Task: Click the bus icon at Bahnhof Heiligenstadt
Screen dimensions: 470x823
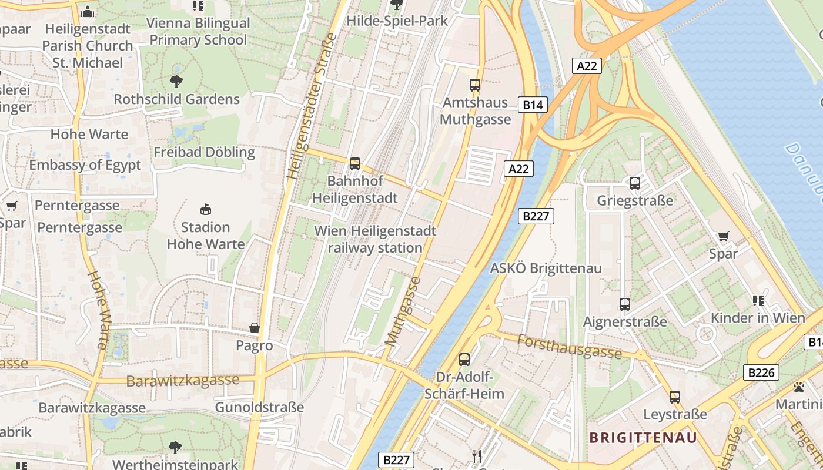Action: pyautogui.click(x=354, y=163)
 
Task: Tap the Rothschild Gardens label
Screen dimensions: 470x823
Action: pyautogui.click(x=176, y=99)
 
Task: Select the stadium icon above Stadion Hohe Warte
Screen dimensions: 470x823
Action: pyautogui.click(x=205, y=209)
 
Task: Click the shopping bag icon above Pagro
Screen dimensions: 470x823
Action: pyautogui.click(x=255, y=328)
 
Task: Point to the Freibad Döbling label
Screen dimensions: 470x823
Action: pyautogui.click(x=204, y=152)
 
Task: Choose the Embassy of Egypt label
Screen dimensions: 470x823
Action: pyautogui.click(x=85, y=165)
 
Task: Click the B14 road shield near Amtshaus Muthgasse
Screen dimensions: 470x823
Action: pyautogui.click(x=533, y=105)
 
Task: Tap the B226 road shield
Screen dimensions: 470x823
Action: pyautogui.click(x=761, y=372)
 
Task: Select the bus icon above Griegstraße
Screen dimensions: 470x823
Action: pyautogui.click(x=635, y=183)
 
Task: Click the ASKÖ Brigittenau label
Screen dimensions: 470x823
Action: pyautogui.click(x=546, y=268)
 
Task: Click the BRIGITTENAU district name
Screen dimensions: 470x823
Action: pyautogui.click(x=643, y=438)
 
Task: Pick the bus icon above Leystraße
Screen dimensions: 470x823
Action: pyautogui.click(x=675, y=397)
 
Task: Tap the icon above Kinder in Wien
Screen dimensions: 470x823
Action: pyautogui.click(x=758, y=301)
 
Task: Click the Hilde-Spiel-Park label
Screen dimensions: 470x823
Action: pyautogui.click(x=397, y=21)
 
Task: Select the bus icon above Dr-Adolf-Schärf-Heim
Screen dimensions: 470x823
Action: pyautogui.click(x=464, y=359)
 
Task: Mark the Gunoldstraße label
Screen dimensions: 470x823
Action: pyautogui.click(x=259, y=407)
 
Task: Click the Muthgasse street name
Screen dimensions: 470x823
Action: pyautogui.click(x=403, y=311)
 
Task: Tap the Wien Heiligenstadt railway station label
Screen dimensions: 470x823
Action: pyautogui.click(x=375, y=239)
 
